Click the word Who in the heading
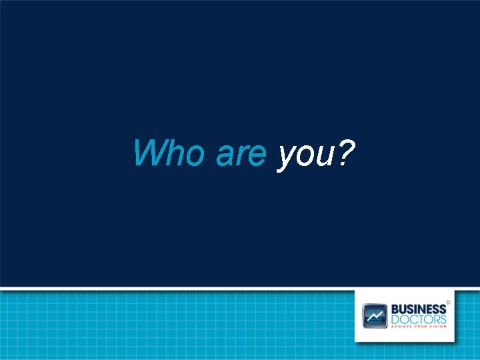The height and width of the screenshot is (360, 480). pyautogui.click(x=169, y=153)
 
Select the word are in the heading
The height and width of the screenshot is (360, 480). pyautogui.click(x=241, y=155)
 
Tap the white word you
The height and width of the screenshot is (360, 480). pyautogui.click(x=303, y=156)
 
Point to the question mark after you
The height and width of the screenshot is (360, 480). pyautogui.click(x=345, y=153)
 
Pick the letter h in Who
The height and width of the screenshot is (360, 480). pyautogui.click(x=174, y=153)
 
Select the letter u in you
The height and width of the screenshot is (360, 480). pyautogui.click(x=321, y=155)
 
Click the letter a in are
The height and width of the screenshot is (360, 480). pyautogui.click(x=224, y=155)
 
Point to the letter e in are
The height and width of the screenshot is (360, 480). pyautogui.click(x=257, y=155)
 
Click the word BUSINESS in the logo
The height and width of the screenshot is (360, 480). pyautogui.click(x=418, y=309)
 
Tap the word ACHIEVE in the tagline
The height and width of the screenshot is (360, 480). pyautogui.click(x=402, y=327)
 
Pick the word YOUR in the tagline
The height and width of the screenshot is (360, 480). pyautogui.click(x=423, y=327)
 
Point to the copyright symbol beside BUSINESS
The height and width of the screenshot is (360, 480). pyautogui.click(x=449, y=302)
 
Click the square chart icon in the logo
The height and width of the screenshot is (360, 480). pyautogui.click(x=375, y=315)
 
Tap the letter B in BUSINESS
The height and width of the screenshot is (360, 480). pyautogui.click(x=395, y=309)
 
